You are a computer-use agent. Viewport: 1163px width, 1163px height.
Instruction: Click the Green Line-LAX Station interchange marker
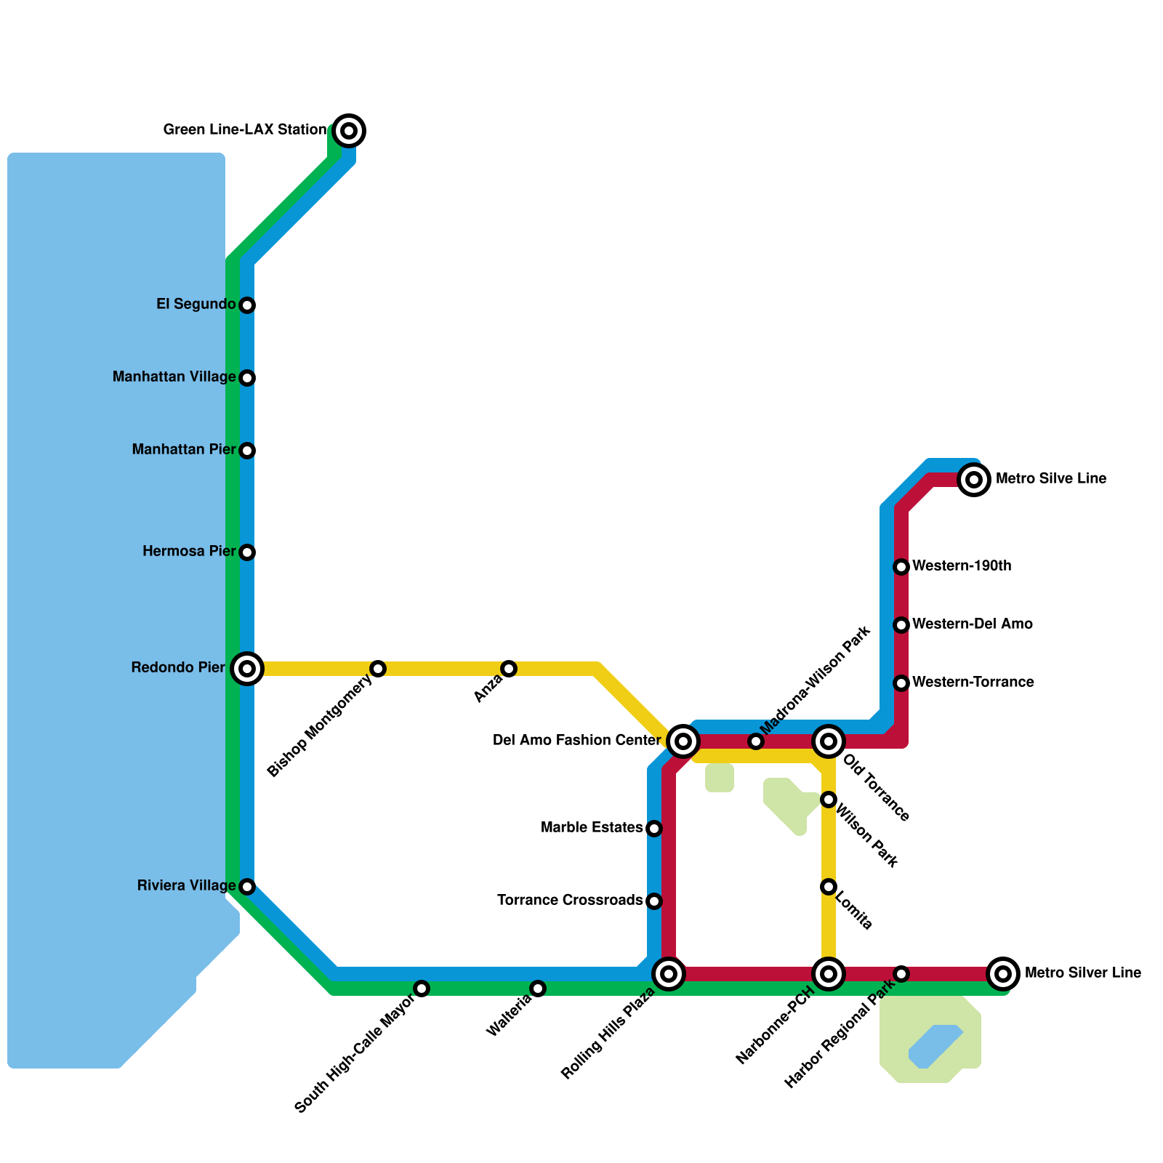coord(349,131)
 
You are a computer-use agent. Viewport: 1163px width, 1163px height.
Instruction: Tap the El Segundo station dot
coord(247,305)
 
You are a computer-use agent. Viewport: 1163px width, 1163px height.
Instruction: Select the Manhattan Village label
coord(174,377)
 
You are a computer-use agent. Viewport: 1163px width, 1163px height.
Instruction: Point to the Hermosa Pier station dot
coord(247,552)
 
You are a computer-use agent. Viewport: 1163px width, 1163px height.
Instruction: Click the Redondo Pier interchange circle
coord(247,669)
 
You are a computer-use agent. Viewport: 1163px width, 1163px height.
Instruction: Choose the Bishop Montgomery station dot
coord(378,669)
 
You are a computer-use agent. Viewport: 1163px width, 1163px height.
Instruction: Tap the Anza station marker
coord(509,669)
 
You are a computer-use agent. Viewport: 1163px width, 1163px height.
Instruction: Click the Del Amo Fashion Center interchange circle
coord(683,741)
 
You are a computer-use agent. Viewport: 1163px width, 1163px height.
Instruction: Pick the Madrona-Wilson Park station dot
coord(756,741)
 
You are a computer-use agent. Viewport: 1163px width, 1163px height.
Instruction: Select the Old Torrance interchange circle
coord(829,741)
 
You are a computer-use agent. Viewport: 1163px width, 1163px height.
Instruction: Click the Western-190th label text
coord(962,566)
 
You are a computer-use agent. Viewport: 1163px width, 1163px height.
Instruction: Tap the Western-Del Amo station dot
coord(901,625)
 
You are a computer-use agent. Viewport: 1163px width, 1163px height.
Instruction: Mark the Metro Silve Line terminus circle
coord(974,480)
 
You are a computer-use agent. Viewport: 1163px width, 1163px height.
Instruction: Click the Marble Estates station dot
coord(654,829)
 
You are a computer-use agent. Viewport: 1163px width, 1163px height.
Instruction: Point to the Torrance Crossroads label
coord(570,901)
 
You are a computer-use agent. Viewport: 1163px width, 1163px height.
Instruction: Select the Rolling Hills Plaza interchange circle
coord(669,974)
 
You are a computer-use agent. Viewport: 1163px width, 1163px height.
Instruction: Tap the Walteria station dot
coord(538,989)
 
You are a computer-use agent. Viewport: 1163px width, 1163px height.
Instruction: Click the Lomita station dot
coord(829,887)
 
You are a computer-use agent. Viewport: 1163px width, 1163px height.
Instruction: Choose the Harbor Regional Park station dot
coord(901,974)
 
